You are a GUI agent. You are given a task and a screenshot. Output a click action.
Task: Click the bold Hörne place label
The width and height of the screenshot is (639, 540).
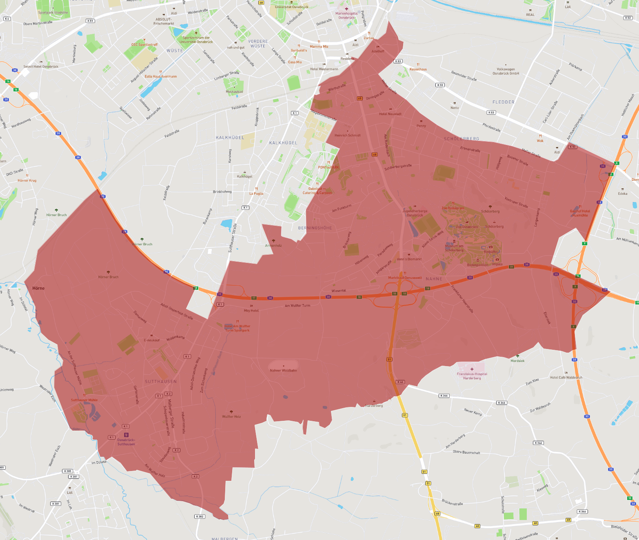tap(38, 288)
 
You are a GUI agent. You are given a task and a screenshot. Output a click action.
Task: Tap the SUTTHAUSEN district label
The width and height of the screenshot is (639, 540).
tap(161, 382)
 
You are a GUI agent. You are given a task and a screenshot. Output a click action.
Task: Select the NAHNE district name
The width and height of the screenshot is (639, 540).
tap(434, 279)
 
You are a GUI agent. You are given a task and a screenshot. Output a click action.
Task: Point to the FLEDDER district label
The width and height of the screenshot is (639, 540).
tap(503, 102)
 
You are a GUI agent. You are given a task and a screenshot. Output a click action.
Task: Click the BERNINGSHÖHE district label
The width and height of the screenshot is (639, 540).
tap(315, 228)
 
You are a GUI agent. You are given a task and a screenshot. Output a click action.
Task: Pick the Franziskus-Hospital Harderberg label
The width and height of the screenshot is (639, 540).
tap(472, 376)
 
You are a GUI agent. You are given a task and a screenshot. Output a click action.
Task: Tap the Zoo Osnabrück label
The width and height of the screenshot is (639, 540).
tap(467, 227)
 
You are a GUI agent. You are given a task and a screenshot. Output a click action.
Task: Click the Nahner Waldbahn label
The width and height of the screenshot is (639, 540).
tap(284, 370)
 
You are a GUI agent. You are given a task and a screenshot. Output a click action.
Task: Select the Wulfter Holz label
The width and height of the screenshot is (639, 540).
tap(231, 417)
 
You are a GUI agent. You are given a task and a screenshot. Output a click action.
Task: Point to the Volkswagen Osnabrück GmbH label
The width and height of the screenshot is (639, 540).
tap(506, 71)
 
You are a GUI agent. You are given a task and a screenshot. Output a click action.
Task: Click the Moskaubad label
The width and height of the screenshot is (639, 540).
tap(234, 91)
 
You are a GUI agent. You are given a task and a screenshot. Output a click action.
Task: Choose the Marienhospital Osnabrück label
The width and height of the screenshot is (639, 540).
tap(346, 16)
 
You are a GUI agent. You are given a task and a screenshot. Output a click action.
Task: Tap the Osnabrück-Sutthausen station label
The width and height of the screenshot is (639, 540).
tap(126, 442)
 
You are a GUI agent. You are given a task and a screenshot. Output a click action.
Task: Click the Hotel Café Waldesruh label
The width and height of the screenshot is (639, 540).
tap(566, 378)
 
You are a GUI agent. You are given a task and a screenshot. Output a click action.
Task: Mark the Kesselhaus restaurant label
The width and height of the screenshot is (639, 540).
tap(418, 69)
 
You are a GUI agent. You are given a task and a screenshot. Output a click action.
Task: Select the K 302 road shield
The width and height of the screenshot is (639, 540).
tap(200, 516)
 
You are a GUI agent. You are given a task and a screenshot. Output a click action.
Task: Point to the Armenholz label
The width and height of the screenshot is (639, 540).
tap(273, 245)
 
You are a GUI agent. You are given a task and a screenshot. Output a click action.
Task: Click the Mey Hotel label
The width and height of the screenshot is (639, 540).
tap(251, 311)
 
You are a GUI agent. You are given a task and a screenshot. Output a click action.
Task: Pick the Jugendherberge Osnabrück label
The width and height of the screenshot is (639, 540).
tap(415, 213)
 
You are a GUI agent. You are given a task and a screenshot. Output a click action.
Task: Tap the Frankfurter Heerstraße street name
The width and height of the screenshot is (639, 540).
tap(462, 299)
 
